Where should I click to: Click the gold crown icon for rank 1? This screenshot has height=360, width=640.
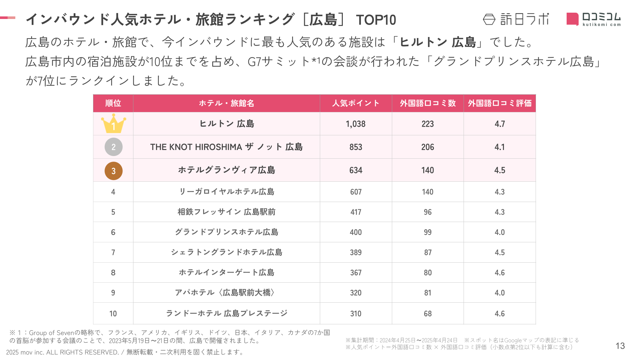tap(113, 124)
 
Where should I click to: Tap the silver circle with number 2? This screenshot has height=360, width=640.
tap(113, 147)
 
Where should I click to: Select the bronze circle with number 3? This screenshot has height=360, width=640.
tap(113, 171)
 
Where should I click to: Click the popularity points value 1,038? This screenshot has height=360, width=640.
tap(356, 124)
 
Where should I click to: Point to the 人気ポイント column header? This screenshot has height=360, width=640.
tap(356, 103)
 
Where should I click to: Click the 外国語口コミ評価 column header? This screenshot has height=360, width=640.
tap(499, 103)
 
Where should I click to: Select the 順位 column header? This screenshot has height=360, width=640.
tap(113, 103)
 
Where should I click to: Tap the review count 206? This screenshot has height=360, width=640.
tap(428, 147)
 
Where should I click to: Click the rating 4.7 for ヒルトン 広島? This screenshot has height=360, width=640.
tap(499, 124)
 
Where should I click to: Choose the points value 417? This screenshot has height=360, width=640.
tap(356, 212)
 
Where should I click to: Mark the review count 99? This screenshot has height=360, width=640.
tap(428, 232)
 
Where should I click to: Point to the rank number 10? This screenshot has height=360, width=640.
tap(113, 314)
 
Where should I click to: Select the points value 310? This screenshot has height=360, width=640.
tap(356, 314)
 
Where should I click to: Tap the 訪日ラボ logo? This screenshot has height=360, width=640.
tap(516, 19)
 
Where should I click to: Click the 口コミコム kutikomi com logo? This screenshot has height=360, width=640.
tap(594, 19)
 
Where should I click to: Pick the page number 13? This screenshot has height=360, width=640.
tap(620, 346)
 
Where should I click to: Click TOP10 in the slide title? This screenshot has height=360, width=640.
tap(376, 20)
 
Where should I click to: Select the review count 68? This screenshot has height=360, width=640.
tap(428, 314)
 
